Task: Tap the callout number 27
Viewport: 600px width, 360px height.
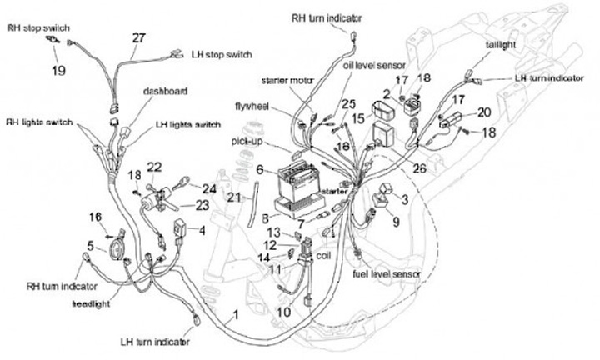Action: pos(138,37)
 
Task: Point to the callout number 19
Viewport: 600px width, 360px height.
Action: pos(57,71)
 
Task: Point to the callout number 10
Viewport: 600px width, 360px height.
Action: pos(283,312)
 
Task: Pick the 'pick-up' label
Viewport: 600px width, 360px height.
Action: pos(247,142)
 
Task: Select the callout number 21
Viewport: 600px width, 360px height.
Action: pos(234,197)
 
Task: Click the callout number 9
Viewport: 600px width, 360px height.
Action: pos(396,222)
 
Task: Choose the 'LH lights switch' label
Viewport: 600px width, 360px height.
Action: pos(187,125)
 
